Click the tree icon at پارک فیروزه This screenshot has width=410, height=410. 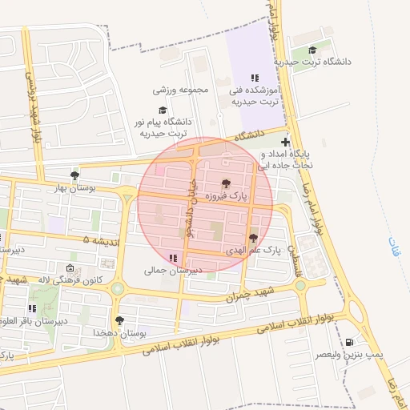pyautogui.click(x=226, y=183)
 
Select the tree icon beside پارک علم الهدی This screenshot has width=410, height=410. pyautogui.click(x=254, y=237)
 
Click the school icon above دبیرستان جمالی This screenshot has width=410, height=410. pyautogui.click(x=173, y=258)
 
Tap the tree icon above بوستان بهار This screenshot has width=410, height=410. pyautogui.click(x=74, y=175)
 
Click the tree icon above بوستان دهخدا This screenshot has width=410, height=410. pyautogui.click(x=119, y=320)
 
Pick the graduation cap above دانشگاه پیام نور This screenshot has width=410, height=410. pyautogui.click(x=163, y=111)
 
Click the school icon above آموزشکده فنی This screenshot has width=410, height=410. pyautogui.click(x=254, y=78)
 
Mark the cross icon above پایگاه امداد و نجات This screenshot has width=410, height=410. pyautogui.click(x=285, y=142)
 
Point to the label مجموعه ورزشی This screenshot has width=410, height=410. pyautogui.click(x=181, y=90)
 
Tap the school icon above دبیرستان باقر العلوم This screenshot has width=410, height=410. pyautogui.click(x=32, y=308)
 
